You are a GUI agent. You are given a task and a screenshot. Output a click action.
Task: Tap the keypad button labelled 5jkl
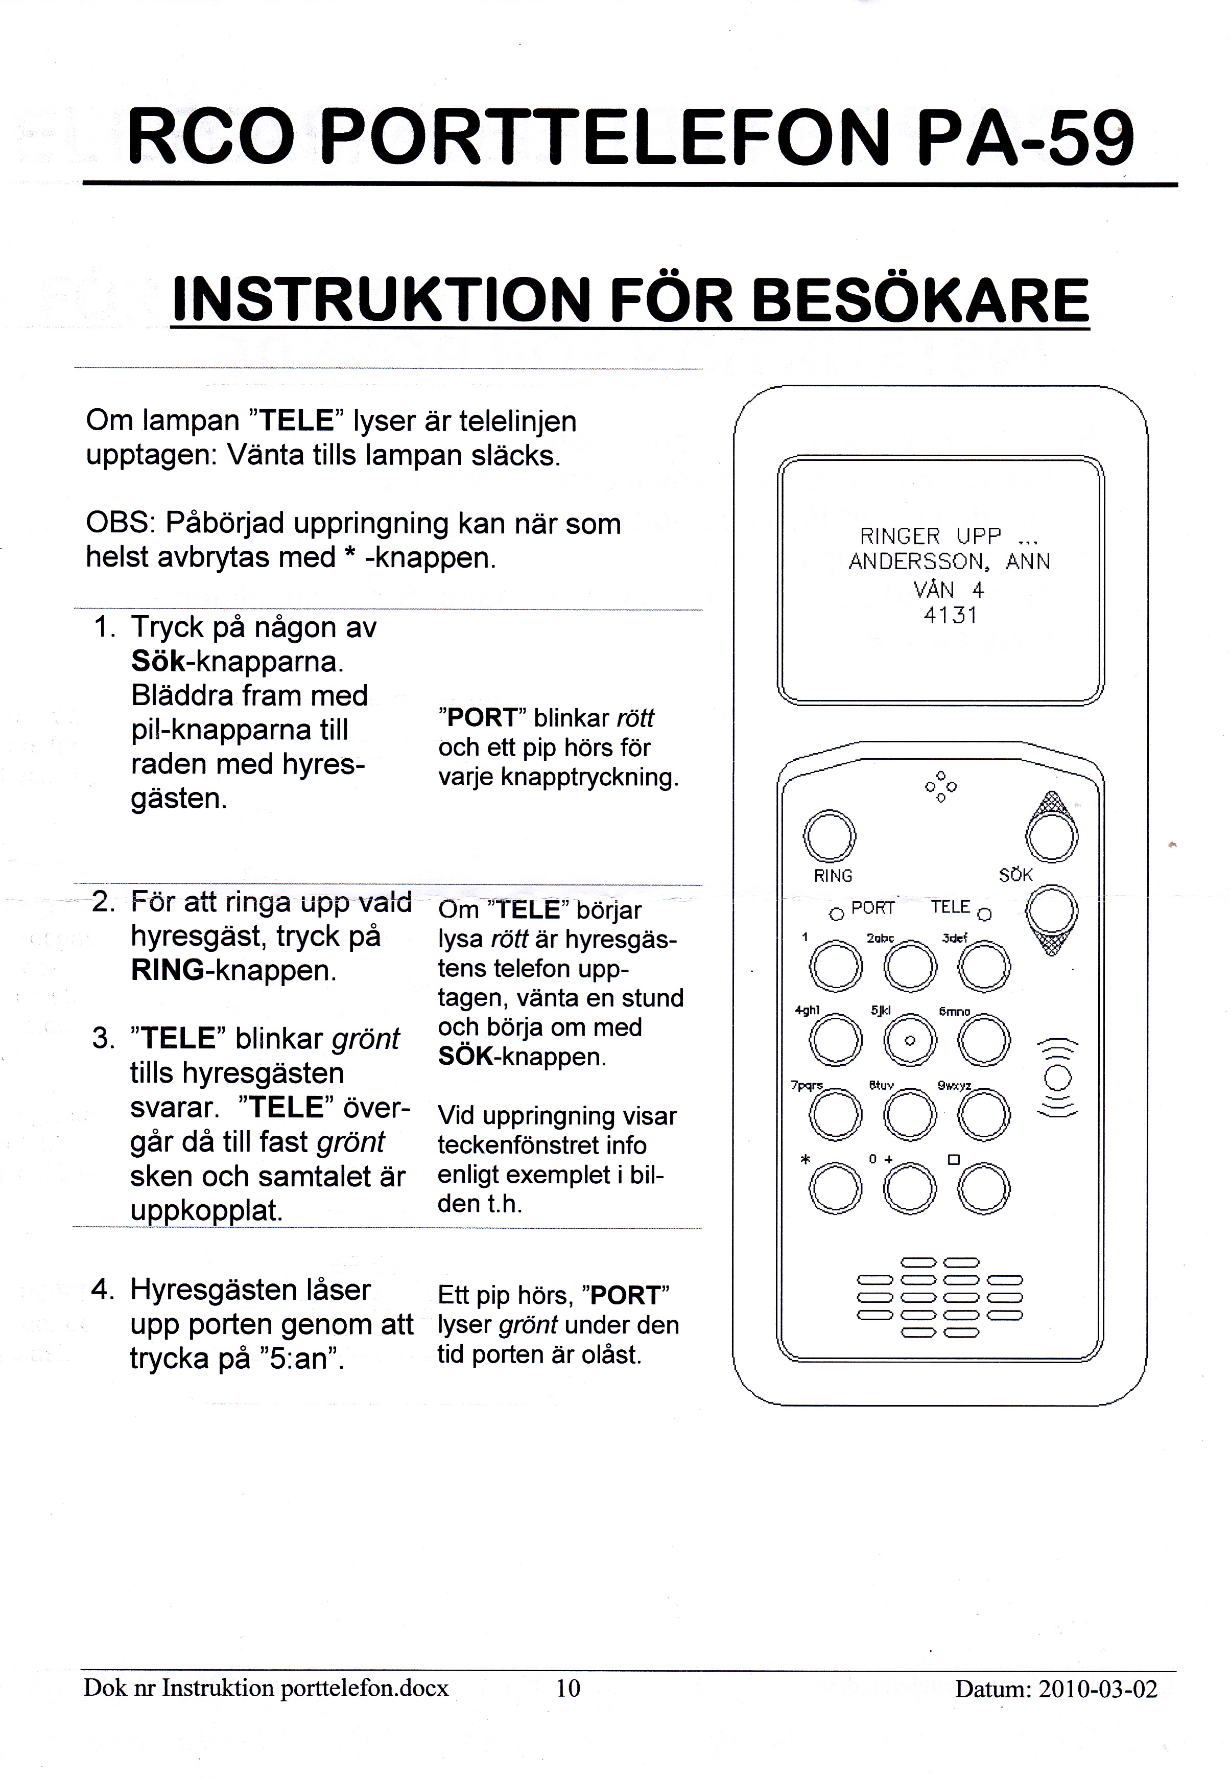pyautogui.click(x=909, y=1040)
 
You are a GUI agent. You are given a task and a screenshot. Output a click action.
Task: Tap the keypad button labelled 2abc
pyautogui.click(x=909, y=967)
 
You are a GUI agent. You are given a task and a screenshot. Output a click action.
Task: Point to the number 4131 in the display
pyautogui.click(x=950, y=616)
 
